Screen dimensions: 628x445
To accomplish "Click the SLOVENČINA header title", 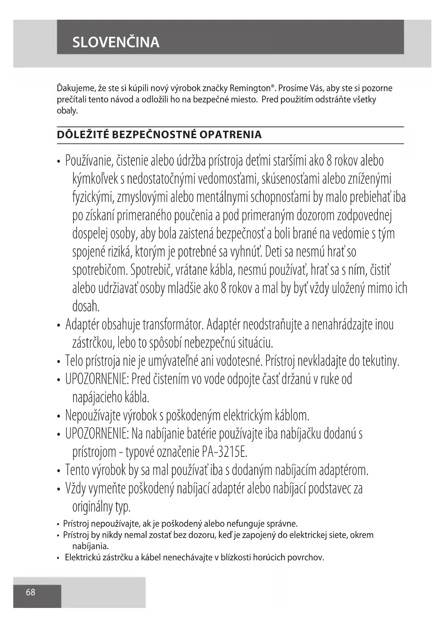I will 116,42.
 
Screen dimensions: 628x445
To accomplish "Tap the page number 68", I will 30,592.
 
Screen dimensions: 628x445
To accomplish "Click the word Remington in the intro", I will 250,88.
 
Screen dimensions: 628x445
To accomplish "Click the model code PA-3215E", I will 224,452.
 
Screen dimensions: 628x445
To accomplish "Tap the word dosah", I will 86,306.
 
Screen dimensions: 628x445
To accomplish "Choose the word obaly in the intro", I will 67,111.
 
